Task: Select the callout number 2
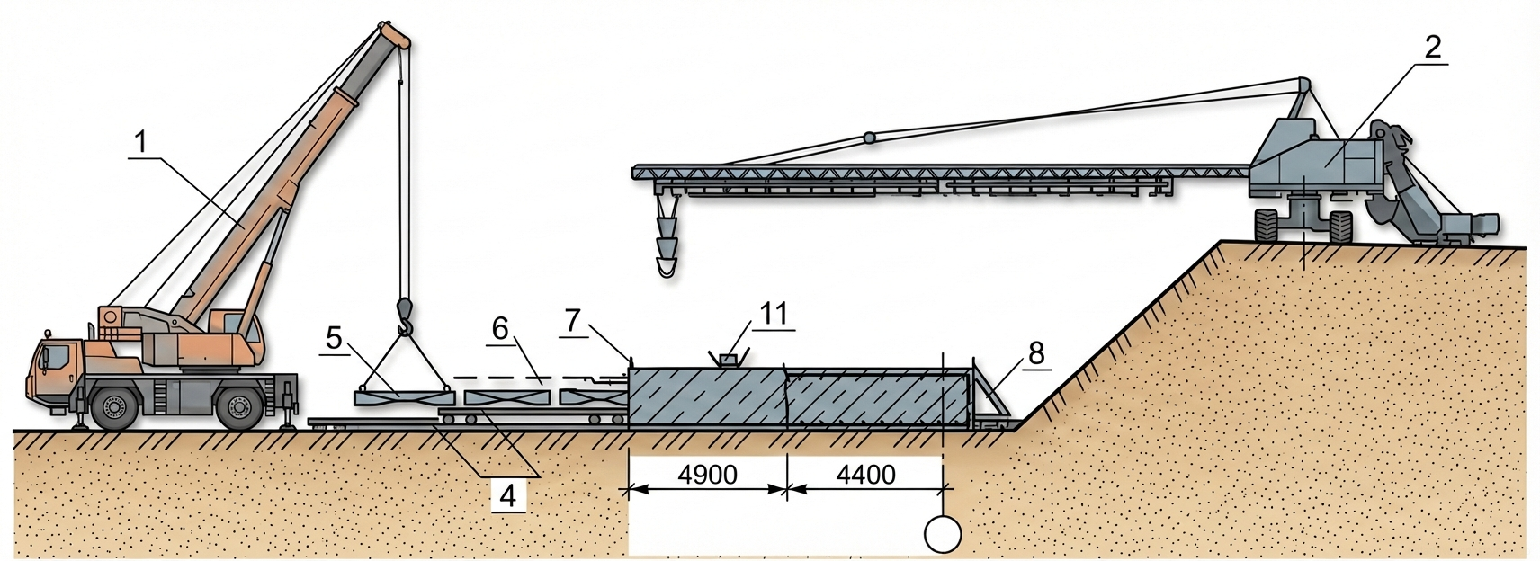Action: [1432, 47]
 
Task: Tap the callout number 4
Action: [508, 494]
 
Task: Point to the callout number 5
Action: [334, 339]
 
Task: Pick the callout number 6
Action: [500, 329]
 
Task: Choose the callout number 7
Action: [574, 319]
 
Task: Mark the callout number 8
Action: [1036, 352]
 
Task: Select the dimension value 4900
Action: [707, 474]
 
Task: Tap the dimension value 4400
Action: [865, 474]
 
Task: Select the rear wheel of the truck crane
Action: [237, 407]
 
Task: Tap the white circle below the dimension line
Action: [943, 535]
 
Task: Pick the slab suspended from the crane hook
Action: [403, 395]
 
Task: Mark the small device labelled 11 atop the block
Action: [728, 360]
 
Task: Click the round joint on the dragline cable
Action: [869, 138]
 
